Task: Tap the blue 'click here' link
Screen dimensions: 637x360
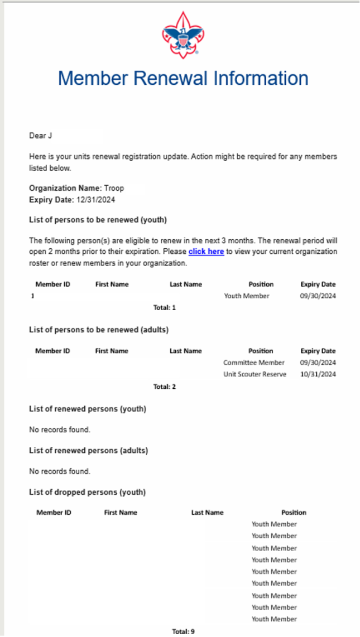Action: [x=206, y=252]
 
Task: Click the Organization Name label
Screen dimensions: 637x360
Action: [x=65, y=188]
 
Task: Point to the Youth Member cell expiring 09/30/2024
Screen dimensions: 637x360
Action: [x=247, y=296]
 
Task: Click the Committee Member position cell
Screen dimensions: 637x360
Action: [x=254, y=363]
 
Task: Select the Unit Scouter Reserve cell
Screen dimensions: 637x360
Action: [x=255, y=374]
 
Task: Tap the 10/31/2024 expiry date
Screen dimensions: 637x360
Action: [x=318, y=374]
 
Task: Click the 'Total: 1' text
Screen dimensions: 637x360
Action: [x=165, y=307]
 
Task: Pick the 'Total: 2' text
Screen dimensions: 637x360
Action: [x=165, y=386]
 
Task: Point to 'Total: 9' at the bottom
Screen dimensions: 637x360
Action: [x=183, y=631]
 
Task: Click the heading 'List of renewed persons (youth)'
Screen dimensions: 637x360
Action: [x=88, y=409]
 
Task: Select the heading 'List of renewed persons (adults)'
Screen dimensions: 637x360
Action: [x=88, y=450]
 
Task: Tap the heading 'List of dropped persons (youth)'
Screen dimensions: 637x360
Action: [x=87, y=492]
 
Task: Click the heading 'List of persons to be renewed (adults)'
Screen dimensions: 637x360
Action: [x=99, y=330]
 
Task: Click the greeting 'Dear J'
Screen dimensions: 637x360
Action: [x=41, y=136]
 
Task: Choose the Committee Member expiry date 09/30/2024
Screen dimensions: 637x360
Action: [x=318, y=363]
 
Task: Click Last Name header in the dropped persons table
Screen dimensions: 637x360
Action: [x=207, y=513]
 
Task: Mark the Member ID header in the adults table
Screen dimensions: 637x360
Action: [x=52, y=351]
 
